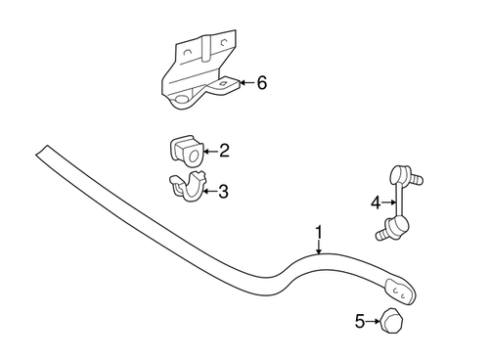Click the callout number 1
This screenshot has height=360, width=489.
pyautogui.click(x=318, y=233)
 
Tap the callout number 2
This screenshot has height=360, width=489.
pyautogui.click(x=224, y=151)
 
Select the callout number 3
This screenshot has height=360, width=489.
pyautogui.click(x=224, y=192)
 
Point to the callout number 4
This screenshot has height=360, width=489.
pyautogui.click(x=375, y=202)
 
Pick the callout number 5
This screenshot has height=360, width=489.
pyautogui.click(x=359, y=320)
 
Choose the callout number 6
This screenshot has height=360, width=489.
pyautogui.click(x=261, y=83)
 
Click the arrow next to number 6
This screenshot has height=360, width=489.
pyautogui.click(x=244, y=83)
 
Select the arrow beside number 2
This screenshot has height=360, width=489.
pyautogui.click(x=209, y=151)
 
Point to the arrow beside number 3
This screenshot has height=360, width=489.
pyautogui.click(x=209, y=192)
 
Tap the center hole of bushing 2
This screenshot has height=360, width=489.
pyautogui.click(x=191, y=153)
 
